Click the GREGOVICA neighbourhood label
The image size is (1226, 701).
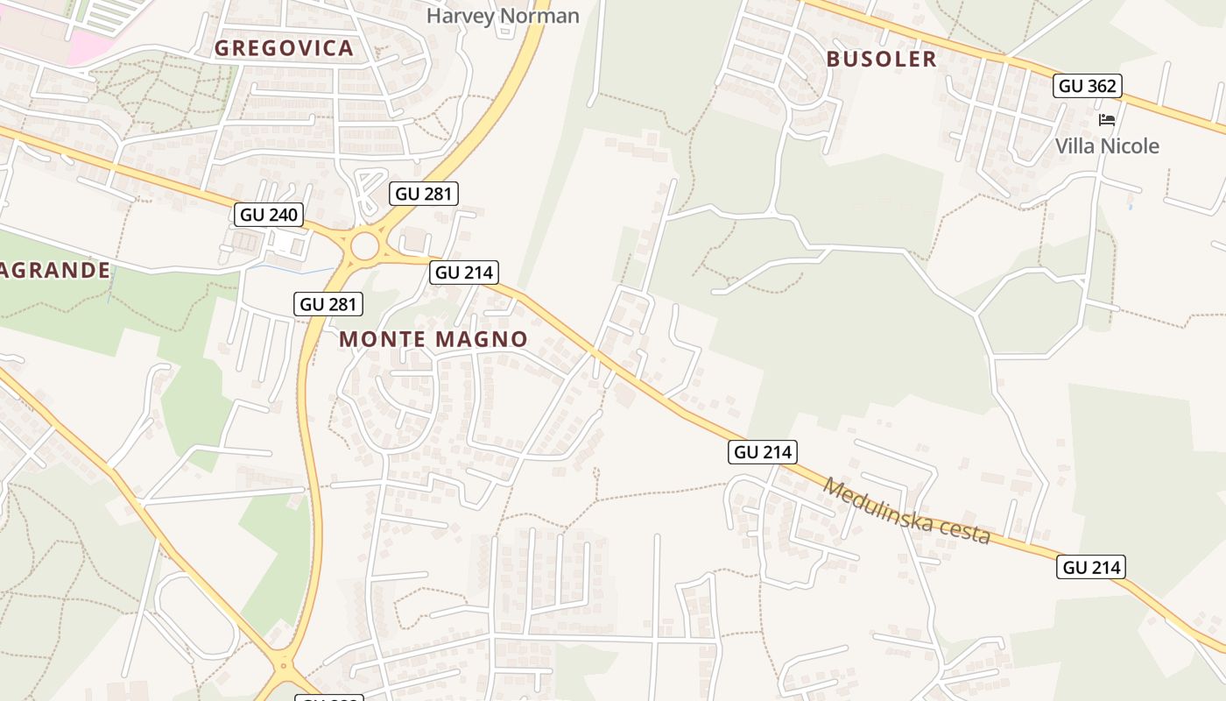(x=284, y=48)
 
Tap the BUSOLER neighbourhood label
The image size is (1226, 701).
(x=881, y=59)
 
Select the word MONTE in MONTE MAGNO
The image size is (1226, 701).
(x=381, y=339)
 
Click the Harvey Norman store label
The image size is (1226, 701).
(x=503, y=16)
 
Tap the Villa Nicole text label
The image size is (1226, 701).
(x=1107, y=145)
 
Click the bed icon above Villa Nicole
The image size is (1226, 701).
(x=1107, y=119)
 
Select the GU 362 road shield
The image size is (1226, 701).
(x=1087, y=86)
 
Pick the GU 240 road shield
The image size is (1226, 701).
(x=269, y=215)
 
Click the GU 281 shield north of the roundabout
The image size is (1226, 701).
(x=426, y=194)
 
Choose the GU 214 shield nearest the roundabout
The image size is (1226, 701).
(x=464, y=273)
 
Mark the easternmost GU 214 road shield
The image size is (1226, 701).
(x=1090, y=567)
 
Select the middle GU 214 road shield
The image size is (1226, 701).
(x=762, y=452)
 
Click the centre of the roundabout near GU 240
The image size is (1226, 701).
(x=364, y=248)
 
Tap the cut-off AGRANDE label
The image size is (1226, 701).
(x=55, y=270)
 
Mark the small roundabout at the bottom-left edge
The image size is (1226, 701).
(x=283, y=669)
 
